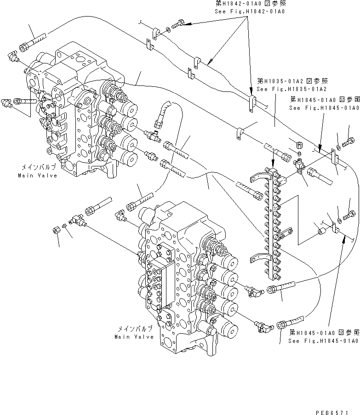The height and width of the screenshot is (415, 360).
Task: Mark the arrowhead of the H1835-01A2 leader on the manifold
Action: pos(273,163)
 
